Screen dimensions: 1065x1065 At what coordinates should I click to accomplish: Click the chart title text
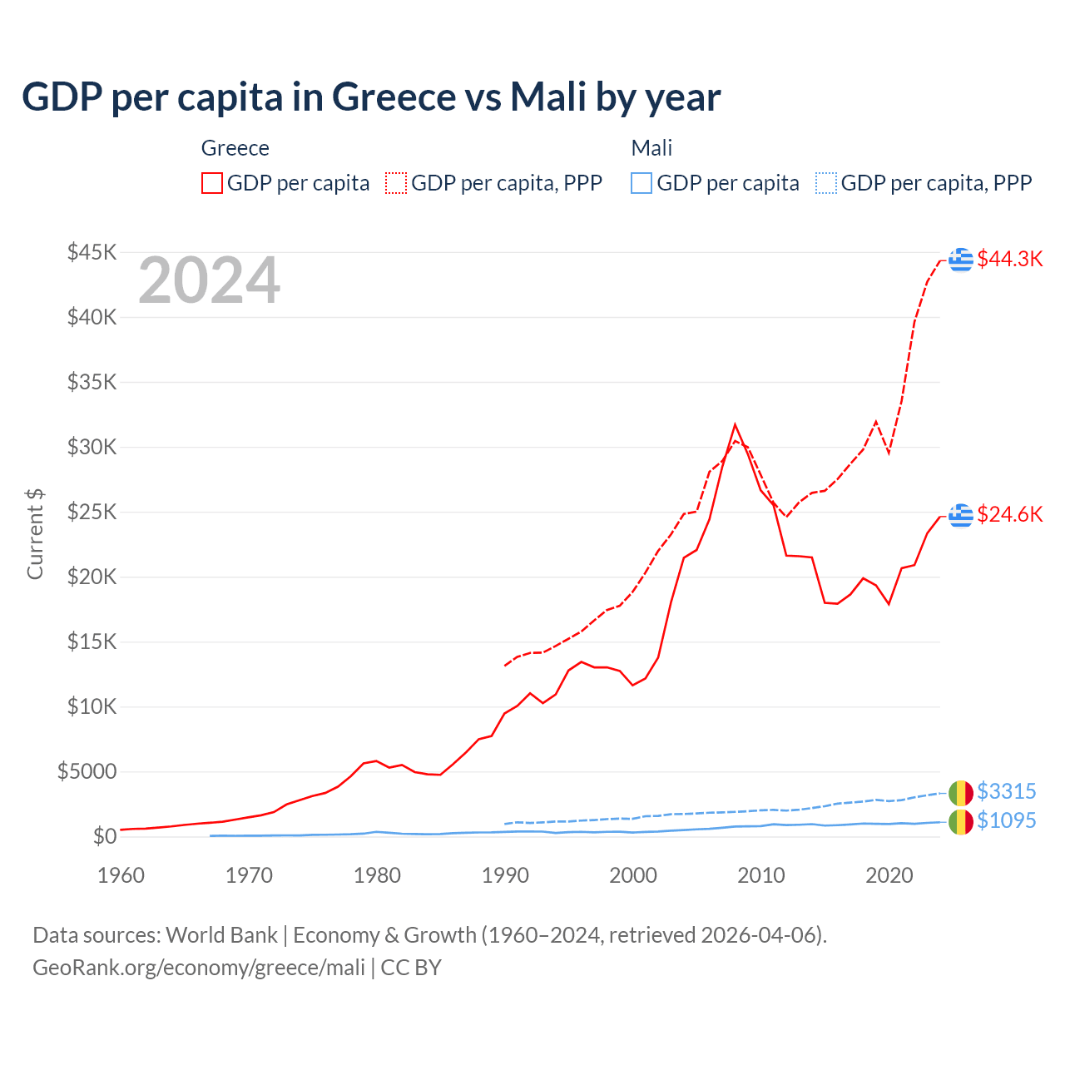371,97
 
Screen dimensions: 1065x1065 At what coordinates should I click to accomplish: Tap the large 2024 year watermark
210,280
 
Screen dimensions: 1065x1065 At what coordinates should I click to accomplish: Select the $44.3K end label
1009,259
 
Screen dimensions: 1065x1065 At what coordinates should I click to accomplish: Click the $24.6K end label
1009,514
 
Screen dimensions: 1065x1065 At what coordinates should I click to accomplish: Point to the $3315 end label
1006,791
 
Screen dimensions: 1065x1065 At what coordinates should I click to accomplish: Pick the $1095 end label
1006,820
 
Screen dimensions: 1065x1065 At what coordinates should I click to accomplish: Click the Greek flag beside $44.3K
961,260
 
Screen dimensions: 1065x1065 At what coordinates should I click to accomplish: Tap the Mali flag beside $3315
961,793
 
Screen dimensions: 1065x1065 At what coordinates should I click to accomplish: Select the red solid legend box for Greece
212,183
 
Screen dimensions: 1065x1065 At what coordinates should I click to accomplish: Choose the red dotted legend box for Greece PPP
396,183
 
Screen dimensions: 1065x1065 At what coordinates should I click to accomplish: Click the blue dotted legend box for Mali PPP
826,183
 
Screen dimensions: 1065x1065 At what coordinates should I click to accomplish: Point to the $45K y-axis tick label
92,252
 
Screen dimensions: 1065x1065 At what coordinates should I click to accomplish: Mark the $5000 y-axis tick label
87,771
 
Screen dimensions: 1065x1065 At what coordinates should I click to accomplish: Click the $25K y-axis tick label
92,512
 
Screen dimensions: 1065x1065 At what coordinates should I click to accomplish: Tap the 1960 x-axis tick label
121,875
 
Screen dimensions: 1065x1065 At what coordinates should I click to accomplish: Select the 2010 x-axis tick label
761,875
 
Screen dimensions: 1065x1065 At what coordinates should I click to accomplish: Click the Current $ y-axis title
35,534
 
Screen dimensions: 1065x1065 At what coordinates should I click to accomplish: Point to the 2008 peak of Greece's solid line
735,425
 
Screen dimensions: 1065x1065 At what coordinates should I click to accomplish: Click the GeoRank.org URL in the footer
199,968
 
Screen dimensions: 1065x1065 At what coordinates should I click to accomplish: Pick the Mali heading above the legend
651,148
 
